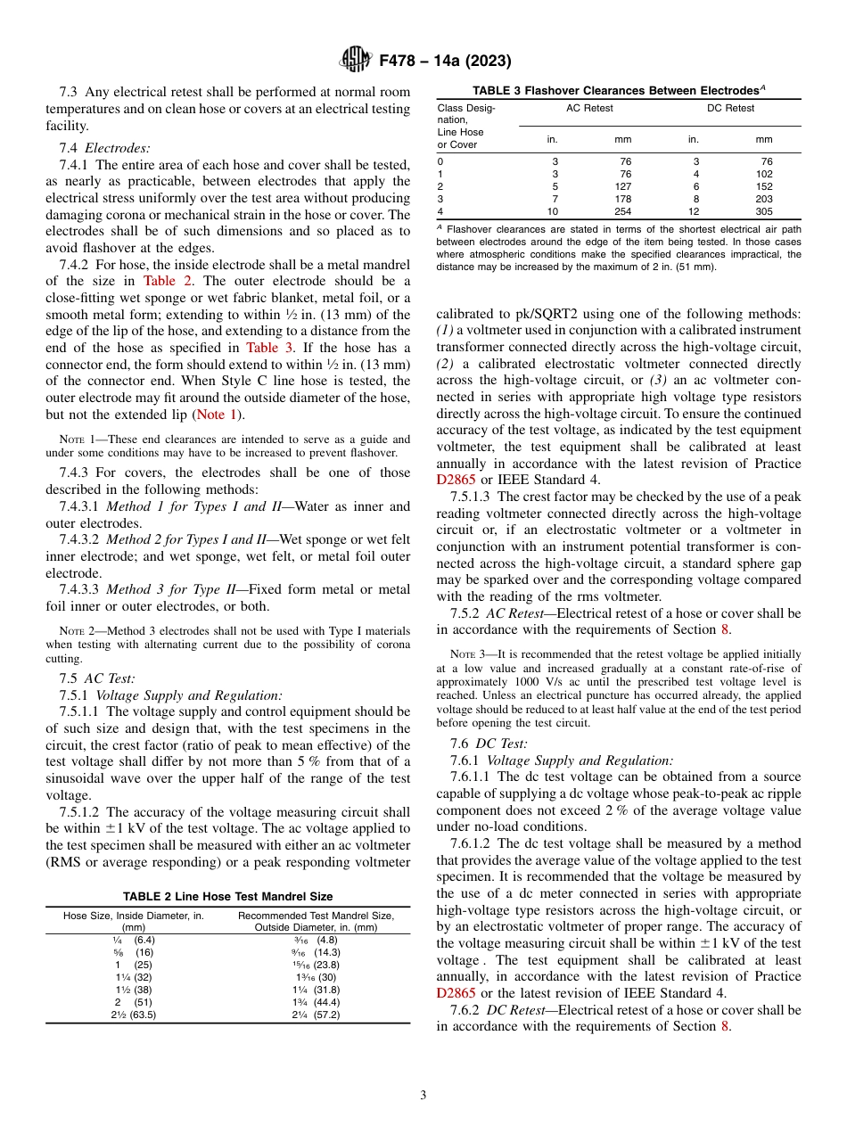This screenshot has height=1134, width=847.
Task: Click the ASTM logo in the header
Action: (x=356, y=61)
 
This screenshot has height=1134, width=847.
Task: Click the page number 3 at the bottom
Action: (x=423, y=1095)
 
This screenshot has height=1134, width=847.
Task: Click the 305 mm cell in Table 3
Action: (x=764, y=212)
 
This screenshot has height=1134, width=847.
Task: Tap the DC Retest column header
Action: (x=730, y=109)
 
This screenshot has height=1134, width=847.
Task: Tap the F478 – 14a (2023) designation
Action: (x=445, y=61)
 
